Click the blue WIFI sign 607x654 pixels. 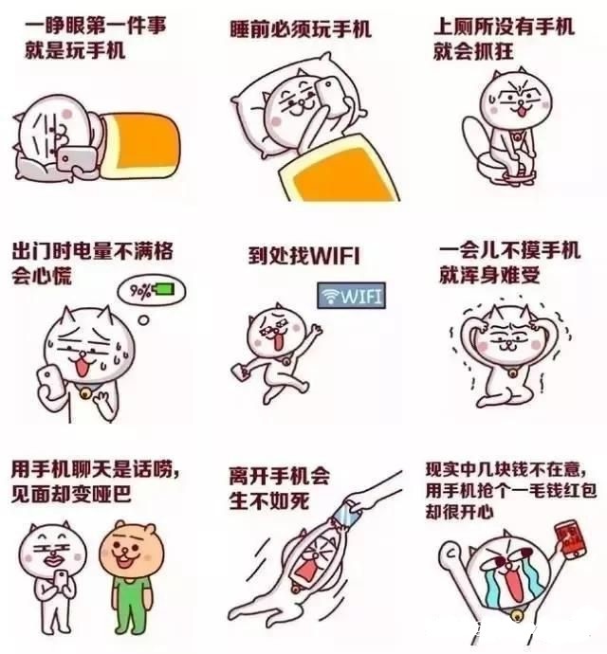pos(350,296)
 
